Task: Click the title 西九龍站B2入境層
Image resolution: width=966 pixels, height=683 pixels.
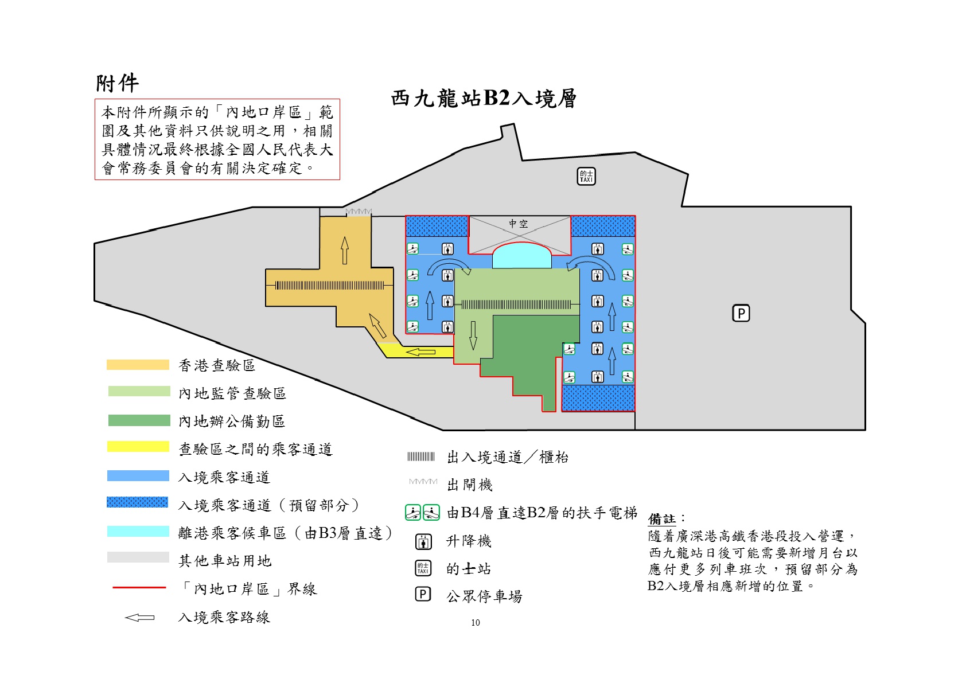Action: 484,99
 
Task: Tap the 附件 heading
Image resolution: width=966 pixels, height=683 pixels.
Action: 117,84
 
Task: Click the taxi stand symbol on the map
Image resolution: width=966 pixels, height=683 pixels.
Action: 586,176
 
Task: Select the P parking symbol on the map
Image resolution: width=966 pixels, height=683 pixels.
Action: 741,313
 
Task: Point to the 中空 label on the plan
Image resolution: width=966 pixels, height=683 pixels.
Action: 518,224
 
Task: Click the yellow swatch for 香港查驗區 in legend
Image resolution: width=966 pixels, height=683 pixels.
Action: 138,365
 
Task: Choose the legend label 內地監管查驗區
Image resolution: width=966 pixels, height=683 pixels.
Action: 232,393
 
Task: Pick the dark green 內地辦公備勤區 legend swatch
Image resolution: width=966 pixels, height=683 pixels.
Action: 139,420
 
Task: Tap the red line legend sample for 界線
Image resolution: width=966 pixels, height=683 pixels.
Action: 139,588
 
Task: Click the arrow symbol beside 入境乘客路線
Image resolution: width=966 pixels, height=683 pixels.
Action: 139,618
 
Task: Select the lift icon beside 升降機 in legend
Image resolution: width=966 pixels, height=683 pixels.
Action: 423,541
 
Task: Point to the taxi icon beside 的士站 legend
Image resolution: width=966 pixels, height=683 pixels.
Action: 423,568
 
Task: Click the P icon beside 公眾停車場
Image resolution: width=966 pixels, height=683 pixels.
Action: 423,595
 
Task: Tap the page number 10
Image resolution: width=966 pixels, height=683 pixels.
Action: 475,623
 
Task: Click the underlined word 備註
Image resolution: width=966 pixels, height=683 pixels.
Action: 661,519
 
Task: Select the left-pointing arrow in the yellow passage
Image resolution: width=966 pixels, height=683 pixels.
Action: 420,352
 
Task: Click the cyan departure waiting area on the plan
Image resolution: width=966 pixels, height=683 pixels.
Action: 521,256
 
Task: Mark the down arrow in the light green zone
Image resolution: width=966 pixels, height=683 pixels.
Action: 473,335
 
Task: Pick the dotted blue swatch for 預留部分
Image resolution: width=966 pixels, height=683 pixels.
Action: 138,502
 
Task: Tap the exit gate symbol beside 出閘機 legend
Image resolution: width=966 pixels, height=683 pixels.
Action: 423,482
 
